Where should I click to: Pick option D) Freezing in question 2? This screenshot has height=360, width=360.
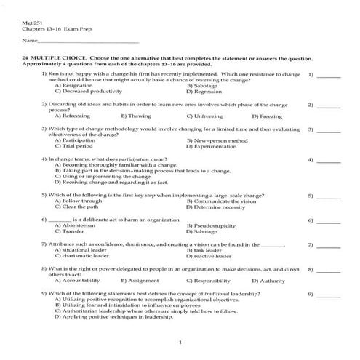(x=268, y=116)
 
